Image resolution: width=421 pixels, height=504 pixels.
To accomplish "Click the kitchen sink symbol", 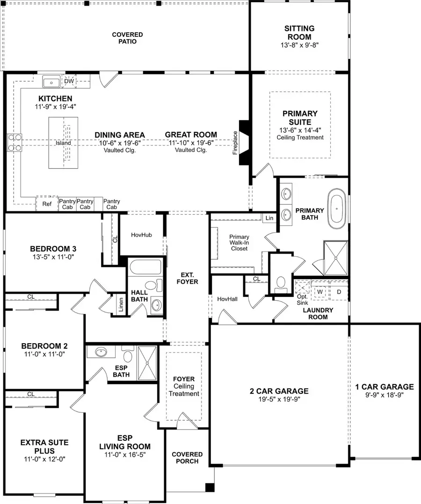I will click(x=51, y=82).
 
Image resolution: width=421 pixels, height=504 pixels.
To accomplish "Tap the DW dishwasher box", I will click(x=69, y=81).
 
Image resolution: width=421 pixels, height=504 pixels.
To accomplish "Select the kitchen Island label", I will click(x=63, y=143).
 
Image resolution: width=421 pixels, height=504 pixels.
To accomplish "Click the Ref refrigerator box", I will click(x=47, y=204).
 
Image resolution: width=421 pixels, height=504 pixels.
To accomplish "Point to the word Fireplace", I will click(x=235, y=143).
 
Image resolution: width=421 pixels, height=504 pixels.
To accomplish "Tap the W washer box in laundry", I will click(x=320, y=292).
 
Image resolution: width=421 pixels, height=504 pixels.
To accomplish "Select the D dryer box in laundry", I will click(x=339, y=292).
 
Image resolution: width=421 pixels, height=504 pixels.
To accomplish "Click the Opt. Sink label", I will click(x=302, y=300).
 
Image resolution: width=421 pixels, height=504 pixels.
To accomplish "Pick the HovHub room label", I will click(x=141, y=235).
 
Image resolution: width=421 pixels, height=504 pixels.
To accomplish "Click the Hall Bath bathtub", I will click(x=145, y=268).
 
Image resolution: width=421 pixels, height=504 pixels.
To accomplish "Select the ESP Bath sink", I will click(x=102, y=352).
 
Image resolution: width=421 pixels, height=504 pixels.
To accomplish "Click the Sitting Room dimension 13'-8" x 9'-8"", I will click(x=299, y=45).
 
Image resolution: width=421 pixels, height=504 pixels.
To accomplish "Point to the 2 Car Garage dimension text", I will click(x=278, y=400).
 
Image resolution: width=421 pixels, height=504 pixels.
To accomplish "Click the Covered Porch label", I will click(x=187, y=458).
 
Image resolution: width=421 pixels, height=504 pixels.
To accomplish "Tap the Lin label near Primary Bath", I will click(x=269, y=218).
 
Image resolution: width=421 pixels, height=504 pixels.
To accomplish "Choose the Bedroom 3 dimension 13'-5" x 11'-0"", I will click(x=52, y=257).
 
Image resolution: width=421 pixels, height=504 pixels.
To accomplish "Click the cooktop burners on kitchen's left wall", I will click(x=15, y=143).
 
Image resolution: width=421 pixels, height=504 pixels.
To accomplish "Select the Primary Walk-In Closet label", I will click(x=240, y=243).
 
